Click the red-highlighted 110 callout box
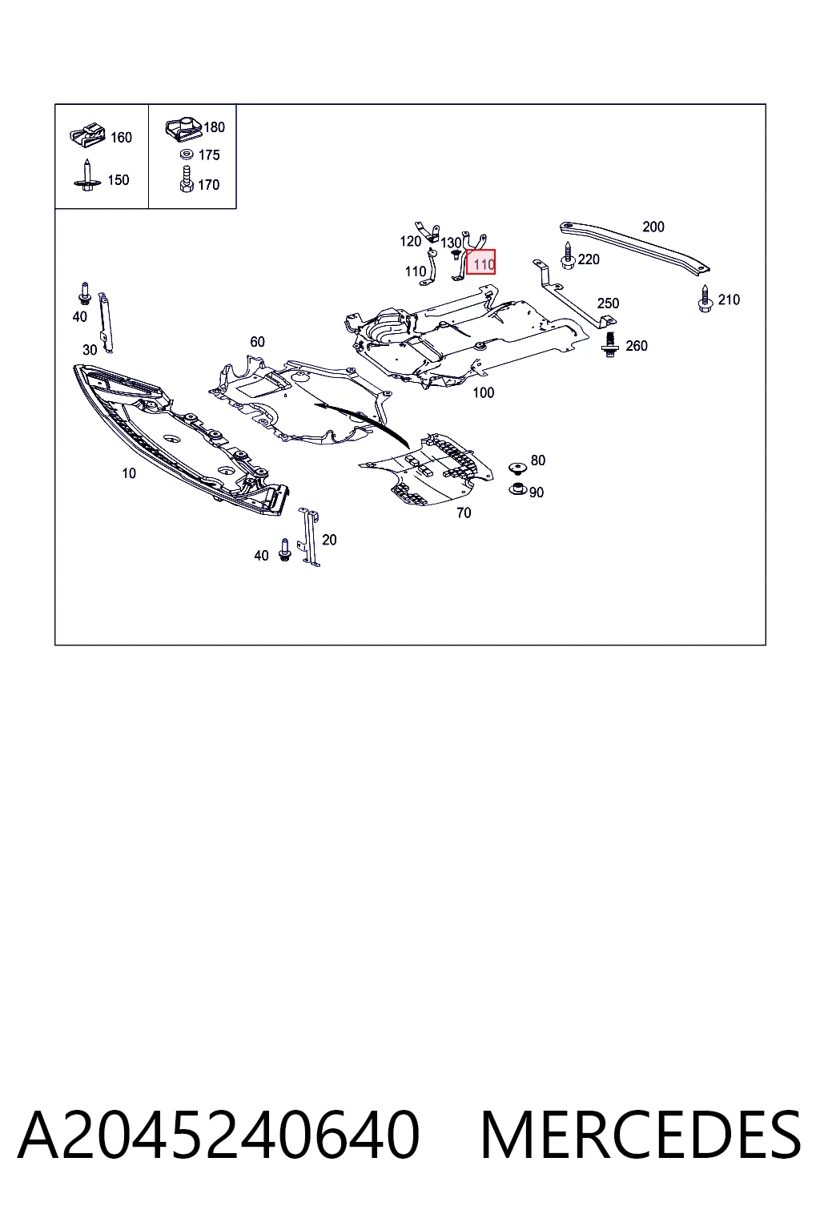(x=480, y=262)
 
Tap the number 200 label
(x=653, y=227)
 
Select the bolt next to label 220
(x=568, y=256)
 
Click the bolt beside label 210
(x=705, y=299)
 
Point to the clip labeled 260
(x=609, y=345)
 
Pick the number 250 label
(x=608, y=303)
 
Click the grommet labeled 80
(x=517, y=468)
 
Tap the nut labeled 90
(x=517, y=488)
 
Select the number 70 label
(x=464, y=512)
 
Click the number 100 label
(x=484, y=392)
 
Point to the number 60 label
(x=257, y=342)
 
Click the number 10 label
(x=128, y=473)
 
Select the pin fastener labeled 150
(x=87, y=175)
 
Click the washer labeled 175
(x=187, y=155)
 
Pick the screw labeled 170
(x=187, y=179)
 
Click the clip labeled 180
(x=184, y=128)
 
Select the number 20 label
(x=329, y=540)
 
